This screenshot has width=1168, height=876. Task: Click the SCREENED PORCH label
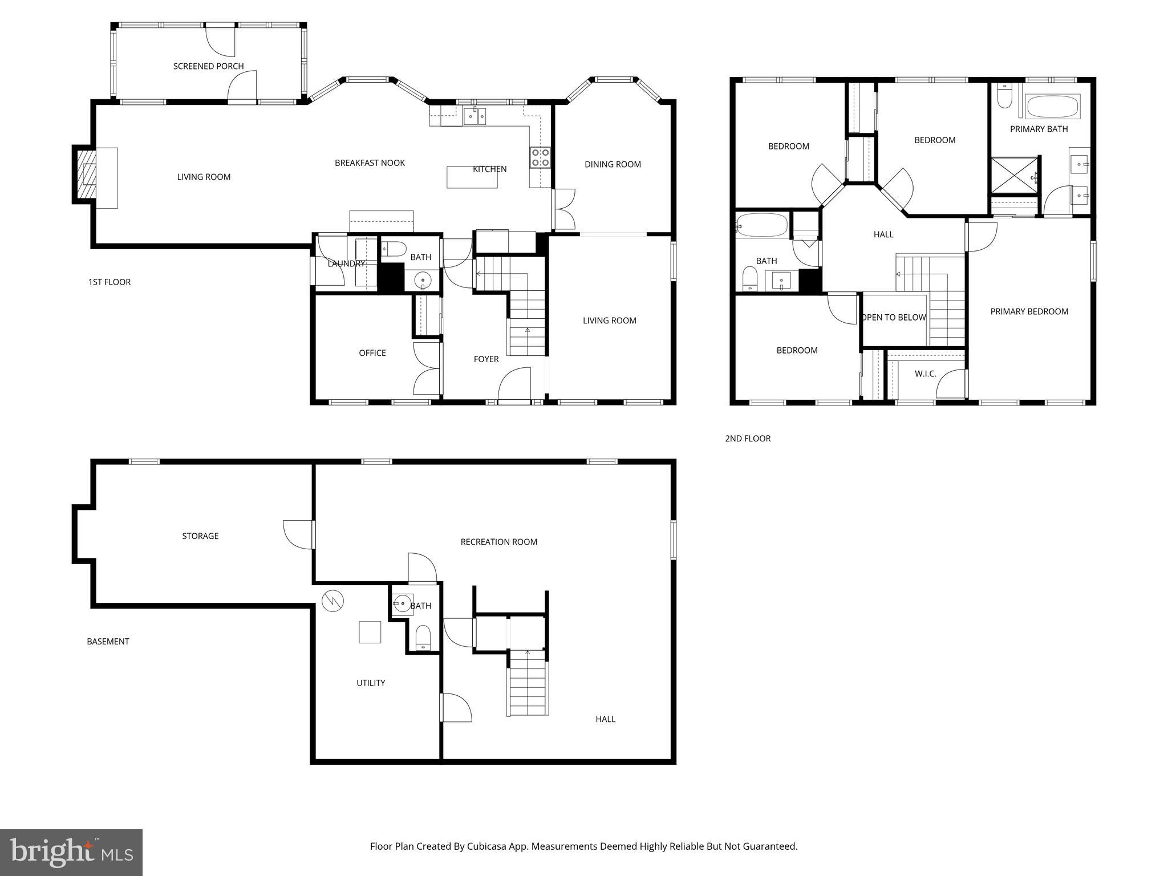pyautogui.click(x=208, y=66)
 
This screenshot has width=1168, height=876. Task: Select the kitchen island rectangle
pyautogui.click(x=472, y=177)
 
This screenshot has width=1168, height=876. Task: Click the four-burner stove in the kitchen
pyautogui.click(x=540, y=157)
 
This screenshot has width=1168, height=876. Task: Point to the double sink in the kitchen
pyautogui.click(x=474, y=117)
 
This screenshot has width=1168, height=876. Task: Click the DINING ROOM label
pyautogui.click(x=613, y=164)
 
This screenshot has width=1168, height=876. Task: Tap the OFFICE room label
pyautogui.click(x=372, y=353)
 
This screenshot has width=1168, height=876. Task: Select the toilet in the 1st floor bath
pyautogui.click(x=394, y=249)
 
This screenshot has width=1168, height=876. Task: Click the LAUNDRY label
pyautogui.click(x=346, y=263)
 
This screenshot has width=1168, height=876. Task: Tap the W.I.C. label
pyautogui.click(x=925, y=374)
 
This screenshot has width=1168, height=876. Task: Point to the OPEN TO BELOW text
pyautogui.click(x=894, y=318)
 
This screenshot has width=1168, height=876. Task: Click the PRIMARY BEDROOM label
pyautogui.click(x=1029, y=311)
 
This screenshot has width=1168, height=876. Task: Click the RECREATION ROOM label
pyautogui.click(x=498, y=542)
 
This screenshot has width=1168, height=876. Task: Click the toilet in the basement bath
pyautogui.click(x=423, y=638)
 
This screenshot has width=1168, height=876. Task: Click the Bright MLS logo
pyautogui.click(x=71, y=852)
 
